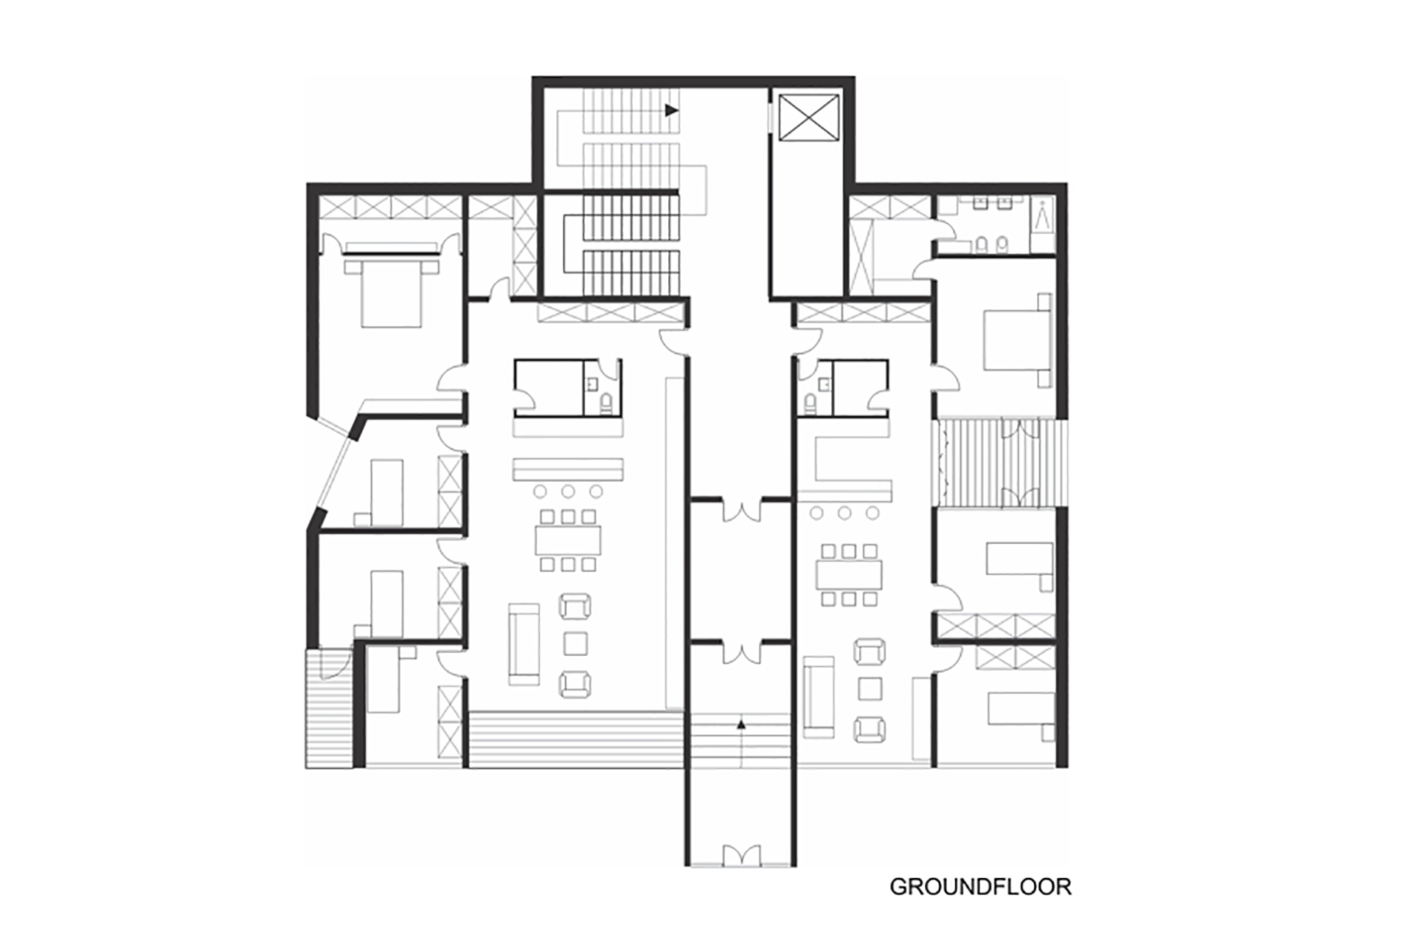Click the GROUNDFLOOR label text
(980, 886)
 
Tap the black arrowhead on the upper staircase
(671, 110)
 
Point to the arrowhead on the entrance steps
(741, 725)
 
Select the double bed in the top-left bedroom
(391, 291)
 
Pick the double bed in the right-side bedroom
(1016, 339)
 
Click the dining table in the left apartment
(569, 540)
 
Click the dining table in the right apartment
(849, 574)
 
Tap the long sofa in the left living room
(524, 643)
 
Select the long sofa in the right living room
(819, 697)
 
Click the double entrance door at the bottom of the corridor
(741, 855)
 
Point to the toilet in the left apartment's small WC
(605, 403)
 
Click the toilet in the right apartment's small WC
(810, 403)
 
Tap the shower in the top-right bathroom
(1042, 215)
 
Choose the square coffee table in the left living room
(575, 643)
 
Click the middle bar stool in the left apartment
(568, 491)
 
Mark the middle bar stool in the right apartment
(844, 513)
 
